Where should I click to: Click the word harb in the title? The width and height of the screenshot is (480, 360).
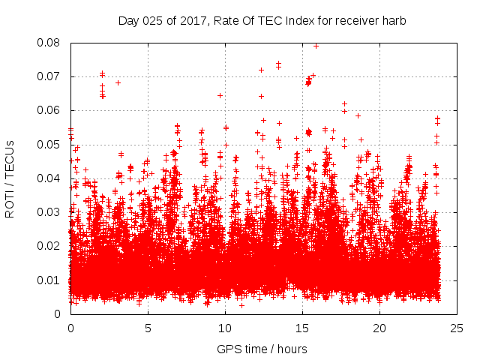[394, 21]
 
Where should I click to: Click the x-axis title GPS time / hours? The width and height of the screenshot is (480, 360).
[262, 349]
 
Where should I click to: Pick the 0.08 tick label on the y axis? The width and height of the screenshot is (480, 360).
[49, 43]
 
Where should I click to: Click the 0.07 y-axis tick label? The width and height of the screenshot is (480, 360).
[49, 76]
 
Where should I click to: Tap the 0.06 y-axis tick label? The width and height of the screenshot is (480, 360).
[49, 110]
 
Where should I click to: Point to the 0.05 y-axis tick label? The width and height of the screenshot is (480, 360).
[49, 145]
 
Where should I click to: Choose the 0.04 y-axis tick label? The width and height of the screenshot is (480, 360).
[49, 178]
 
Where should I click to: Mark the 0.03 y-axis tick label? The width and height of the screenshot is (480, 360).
[49, 212]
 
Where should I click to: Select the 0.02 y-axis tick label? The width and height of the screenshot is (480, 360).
[49, 246]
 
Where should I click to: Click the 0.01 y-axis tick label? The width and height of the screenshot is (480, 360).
[49, 280]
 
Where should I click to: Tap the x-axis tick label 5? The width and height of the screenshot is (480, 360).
[148, 328]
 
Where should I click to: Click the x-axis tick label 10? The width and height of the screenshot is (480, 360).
[225, 328]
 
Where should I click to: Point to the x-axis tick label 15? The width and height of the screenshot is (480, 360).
[302, 328]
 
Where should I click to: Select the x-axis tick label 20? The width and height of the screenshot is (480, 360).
[379, 328]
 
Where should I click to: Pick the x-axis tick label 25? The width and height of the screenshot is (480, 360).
[457, 328]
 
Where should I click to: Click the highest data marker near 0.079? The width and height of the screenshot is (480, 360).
[316, 46]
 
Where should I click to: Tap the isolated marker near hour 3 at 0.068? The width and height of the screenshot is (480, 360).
[118, 82]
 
